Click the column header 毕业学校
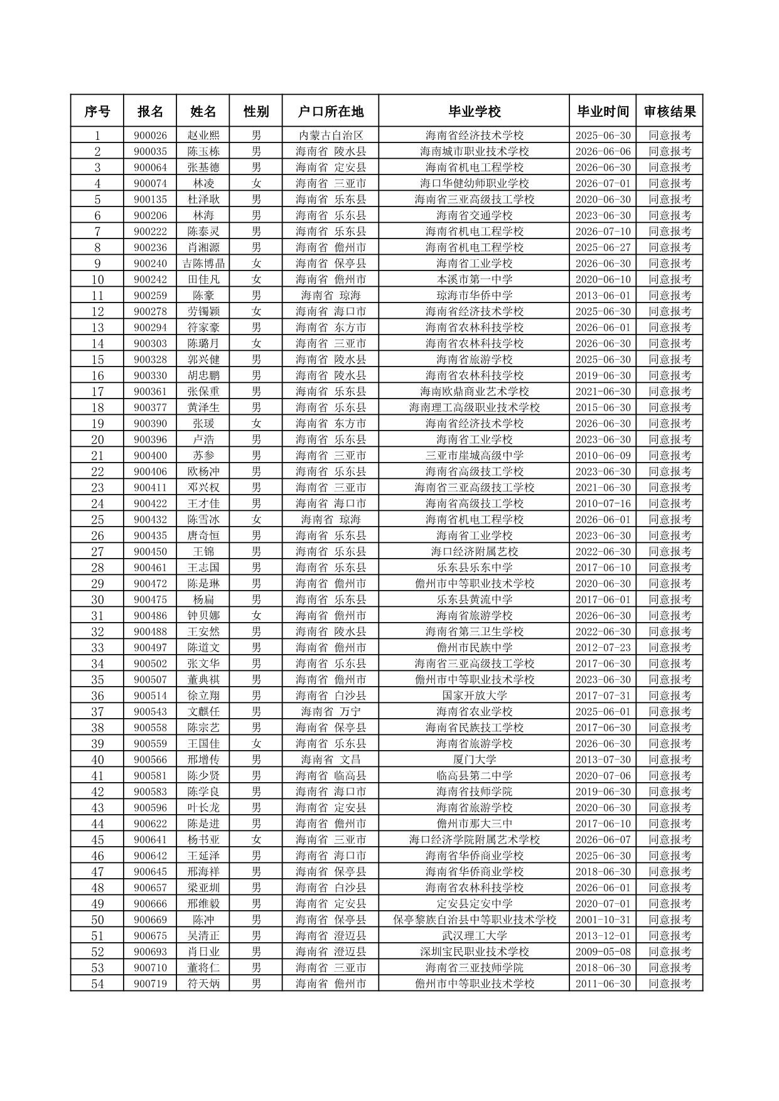[474, 112]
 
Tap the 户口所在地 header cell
[330, 112]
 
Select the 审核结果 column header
[669, 112]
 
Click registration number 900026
[151, 136]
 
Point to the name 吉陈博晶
[203, 264]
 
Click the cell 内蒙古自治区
[330, 136]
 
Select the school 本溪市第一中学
[474, 279]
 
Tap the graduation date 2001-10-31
[603, 920]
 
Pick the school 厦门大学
[474, 760]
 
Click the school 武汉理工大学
[474, 936]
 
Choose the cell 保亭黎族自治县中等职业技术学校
[474, 920]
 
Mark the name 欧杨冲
[203, 471]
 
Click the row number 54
[97, 984]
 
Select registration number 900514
[151, 696]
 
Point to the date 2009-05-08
[603, 952]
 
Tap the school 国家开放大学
[474, 696]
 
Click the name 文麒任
[203, 712]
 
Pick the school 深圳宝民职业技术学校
[474, 952]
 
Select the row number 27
[97, 552]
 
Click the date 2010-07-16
[603, 503]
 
